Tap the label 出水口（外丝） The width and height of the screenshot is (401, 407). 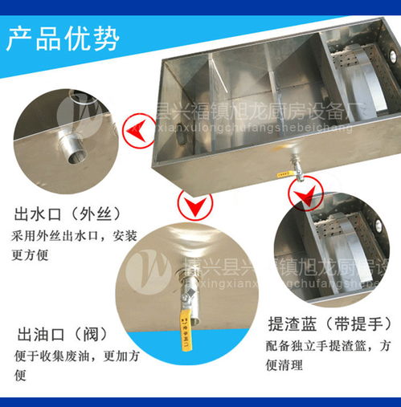(x=68, y=214)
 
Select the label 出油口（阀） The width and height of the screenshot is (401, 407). (x=61, y=334)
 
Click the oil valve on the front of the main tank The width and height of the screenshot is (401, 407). (x=294, y=167)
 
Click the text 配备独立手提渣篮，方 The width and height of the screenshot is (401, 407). (x=330, y=348)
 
